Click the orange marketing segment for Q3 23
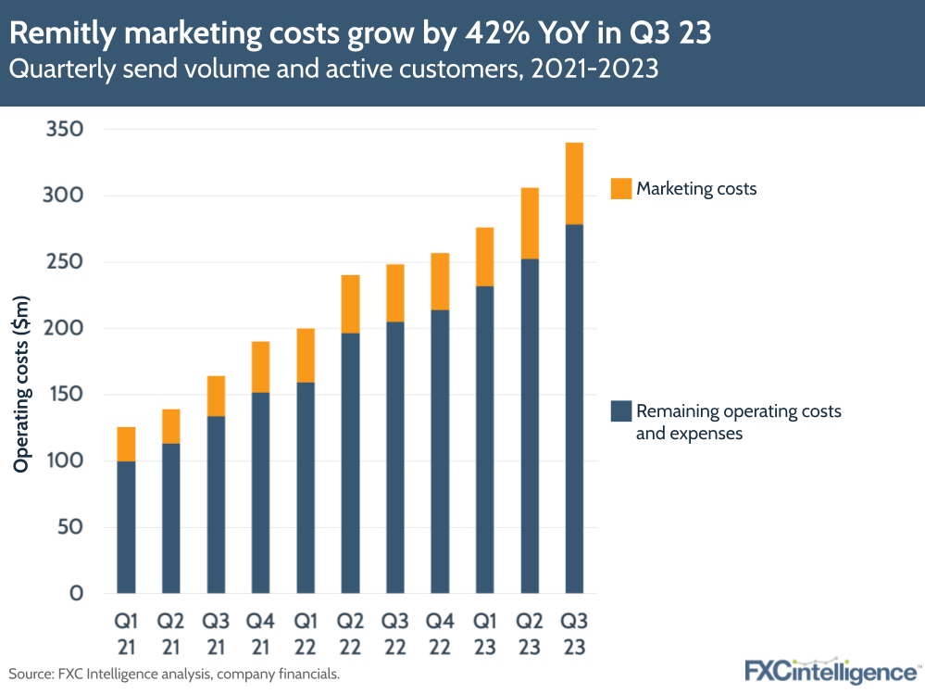click(x=574, y=183)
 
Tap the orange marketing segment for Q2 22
click(x=350, y=304)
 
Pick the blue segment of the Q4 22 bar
click(x=440, y=451)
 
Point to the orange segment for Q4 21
click(x=260, y=367)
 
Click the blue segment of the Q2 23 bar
click(x=530, y=425)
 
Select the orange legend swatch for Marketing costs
click(x=620, y=189)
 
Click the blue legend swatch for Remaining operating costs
click(x=620, y=410)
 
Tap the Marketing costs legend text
click(x=696, y=189)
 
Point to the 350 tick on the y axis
click(x=64, y=129)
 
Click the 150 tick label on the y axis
click(x=64, y=395)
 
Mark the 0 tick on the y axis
click(x=77, y=594)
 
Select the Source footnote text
click(x=175, y=674)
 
